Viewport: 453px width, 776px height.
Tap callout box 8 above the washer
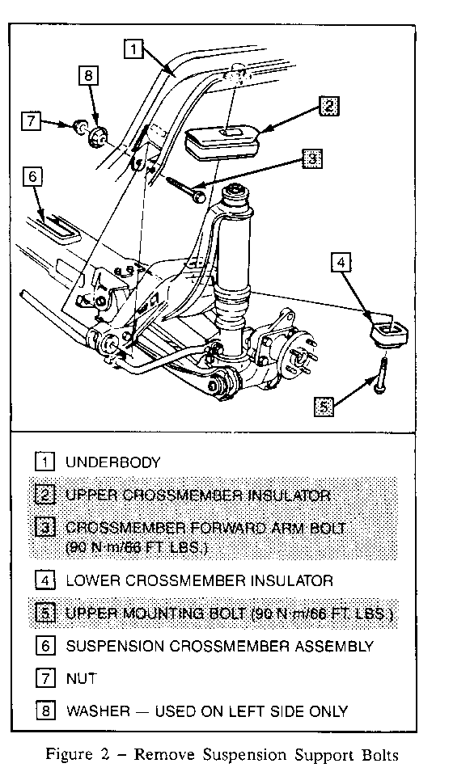pos(88,75)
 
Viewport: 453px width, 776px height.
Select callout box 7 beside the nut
pos(32,120)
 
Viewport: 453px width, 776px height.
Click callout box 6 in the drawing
pos(32,177)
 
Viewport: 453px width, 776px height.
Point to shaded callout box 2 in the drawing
pos(329,107)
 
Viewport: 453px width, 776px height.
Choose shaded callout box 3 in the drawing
pos(312,158)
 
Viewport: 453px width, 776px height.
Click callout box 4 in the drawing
pos(341,262)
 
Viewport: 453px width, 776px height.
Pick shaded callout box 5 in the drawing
pos(324,407)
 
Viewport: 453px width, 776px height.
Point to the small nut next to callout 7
pos(78,127)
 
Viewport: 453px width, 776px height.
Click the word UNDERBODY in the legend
pos(113,462)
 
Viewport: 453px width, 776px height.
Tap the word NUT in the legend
pos(81,678)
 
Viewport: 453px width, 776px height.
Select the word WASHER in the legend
pos(99,711)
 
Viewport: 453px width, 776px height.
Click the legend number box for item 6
pos(45,646)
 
